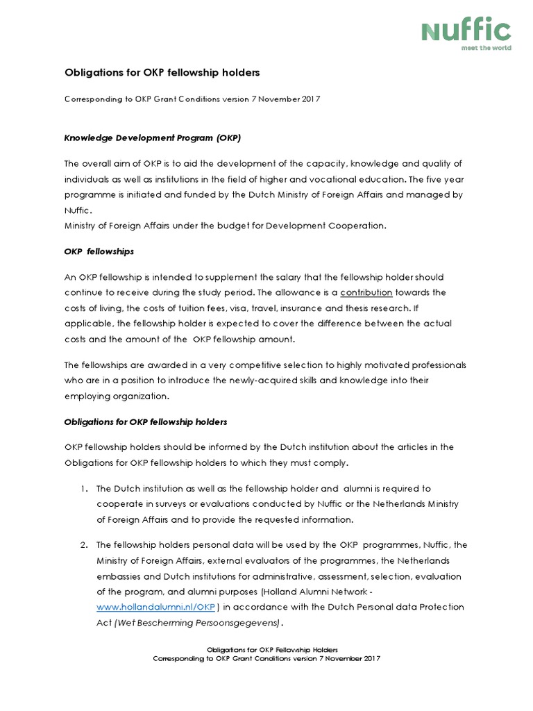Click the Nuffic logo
pyautogui.click(x=466, y=31)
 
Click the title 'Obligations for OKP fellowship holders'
pyautogui.click(x=162, y=72)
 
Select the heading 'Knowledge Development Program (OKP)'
pyautogui.click(x=152, y=137)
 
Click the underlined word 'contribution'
pyautogui.click(x=366, y=292)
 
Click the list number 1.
pyautogui.click(x=83, y=489)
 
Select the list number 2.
pyautogui.click(x=83, y=545)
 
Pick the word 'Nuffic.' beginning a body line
pyautogui.click(x=78, y=210)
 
